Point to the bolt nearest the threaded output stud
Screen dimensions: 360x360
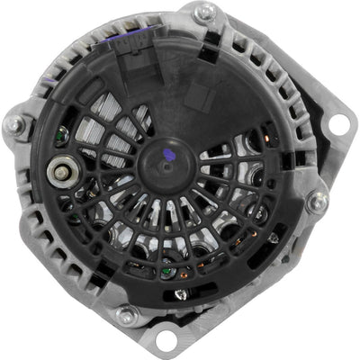tap(16, 124)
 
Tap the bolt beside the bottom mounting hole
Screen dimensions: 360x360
tap(127, 315)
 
